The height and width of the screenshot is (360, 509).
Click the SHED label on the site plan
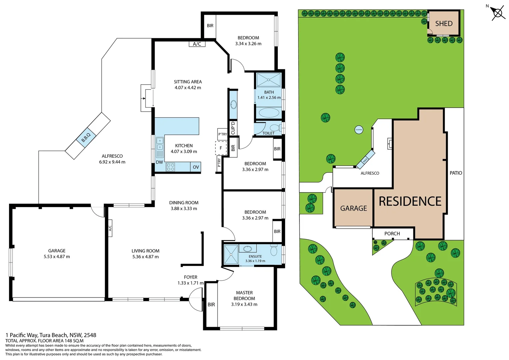tap(444, 24)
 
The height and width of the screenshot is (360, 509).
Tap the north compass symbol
tap(497, 13)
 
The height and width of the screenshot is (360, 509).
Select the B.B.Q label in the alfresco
tap(86, 137)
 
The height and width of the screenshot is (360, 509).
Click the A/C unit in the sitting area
tap(197, 44)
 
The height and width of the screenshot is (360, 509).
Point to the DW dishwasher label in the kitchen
tap(160, 162)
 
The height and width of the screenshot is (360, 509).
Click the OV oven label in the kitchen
tap(196, 167)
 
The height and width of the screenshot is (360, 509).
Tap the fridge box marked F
tap(221, 148)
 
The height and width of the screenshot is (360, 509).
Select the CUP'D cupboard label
tap(233, 128)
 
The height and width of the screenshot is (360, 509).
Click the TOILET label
tap(268, 133)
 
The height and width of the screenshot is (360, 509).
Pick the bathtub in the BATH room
tap(269, 113)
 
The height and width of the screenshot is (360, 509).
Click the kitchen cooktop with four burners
tap(170, 167)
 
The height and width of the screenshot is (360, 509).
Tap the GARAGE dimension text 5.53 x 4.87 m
tap(57, 257)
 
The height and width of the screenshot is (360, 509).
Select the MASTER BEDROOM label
tap(244, 296)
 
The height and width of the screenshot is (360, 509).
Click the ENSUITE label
tap(255, 256)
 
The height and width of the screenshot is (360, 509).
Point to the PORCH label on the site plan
tap(392, 234)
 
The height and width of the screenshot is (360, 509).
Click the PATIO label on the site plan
tap(456, 173)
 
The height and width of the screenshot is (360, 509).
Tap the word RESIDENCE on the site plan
tap(410, 201)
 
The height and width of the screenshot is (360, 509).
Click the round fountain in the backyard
tap(359, 130)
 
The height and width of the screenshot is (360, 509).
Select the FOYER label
tap(191, 277)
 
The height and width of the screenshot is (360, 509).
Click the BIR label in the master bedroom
tap(211, 305)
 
